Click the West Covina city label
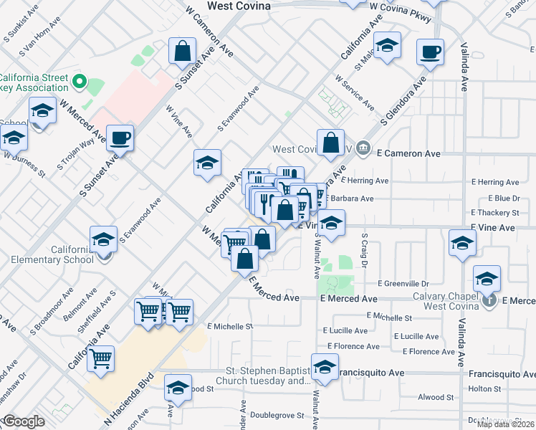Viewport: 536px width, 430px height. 239,6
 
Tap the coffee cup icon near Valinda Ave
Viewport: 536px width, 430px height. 430,52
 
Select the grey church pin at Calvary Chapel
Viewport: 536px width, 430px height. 489,300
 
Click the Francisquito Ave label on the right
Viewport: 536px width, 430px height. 499,373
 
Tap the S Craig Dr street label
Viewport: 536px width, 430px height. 364,250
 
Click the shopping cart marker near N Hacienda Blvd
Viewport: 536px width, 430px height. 101,358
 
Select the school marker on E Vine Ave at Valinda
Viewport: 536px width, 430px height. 462,243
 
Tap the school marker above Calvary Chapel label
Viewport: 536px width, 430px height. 487,277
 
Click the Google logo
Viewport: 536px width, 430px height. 24,421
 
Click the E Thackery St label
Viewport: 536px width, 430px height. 494,213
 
